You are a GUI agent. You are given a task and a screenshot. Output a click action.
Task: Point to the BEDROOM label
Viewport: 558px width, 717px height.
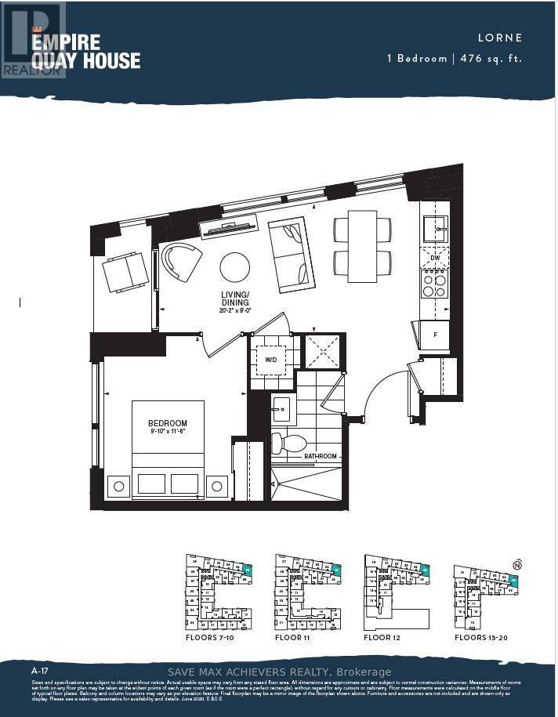pyautogui.click(x=168, y=424)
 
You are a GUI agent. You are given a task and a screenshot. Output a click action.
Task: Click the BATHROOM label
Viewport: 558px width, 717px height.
pyautogui.click(x=321, y=456)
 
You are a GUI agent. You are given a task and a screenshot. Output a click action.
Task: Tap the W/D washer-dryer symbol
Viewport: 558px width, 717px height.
pyautogui.click(x=271, y=360)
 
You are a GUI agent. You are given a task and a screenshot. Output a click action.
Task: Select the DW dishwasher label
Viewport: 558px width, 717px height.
pyautogui.click(x=435, y=258)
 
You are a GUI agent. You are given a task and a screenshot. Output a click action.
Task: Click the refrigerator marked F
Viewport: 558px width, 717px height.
pyautogui.click(x=436, y=334)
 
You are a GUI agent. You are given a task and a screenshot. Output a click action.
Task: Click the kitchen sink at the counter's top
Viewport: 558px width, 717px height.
pyautogui.click(x=434, y=230)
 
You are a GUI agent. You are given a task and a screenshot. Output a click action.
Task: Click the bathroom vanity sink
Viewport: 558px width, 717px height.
pyautogui.click(x=281, y=409)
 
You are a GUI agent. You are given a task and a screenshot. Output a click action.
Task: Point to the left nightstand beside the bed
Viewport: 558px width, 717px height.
pyautogui.click(x=119, y=486)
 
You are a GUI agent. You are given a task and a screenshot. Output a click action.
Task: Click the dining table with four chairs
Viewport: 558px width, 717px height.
pyautogui.click(x=362, y=246)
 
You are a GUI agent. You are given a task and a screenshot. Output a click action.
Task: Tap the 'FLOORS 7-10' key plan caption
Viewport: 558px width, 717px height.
pyautogui.click(x=211, y=638)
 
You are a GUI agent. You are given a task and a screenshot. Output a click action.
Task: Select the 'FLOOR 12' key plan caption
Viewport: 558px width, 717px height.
pyautogui.click(x=389, y=638)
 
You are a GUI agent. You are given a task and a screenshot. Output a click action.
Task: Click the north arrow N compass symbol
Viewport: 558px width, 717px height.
pyautogui.click(x=516, y=564)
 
